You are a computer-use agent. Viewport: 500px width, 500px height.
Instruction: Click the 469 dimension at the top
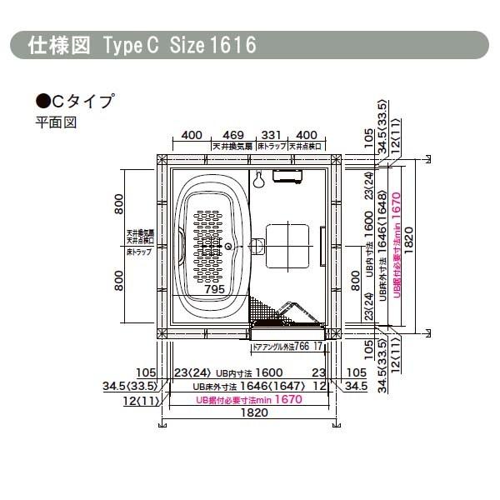pyautogui.click(x=232, y=134)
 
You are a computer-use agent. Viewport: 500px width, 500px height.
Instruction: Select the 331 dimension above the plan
pyautogui.click(x=271, y=134)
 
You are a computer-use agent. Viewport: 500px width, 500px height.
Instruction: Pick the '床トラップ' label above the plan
pyautogui.click(x=271, y=146)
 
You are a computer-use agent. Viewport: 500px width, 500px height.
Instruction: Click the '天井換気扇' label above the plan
pyautogui.click(x=232, y=146)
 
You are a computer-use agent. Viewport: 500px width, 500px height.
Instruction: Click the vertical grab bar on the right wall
pyautogui.click(x=322, y=247)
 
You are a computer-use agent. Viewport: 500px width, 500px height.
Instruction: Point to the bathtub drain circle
pyautogui.click(x=226, y=246)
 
